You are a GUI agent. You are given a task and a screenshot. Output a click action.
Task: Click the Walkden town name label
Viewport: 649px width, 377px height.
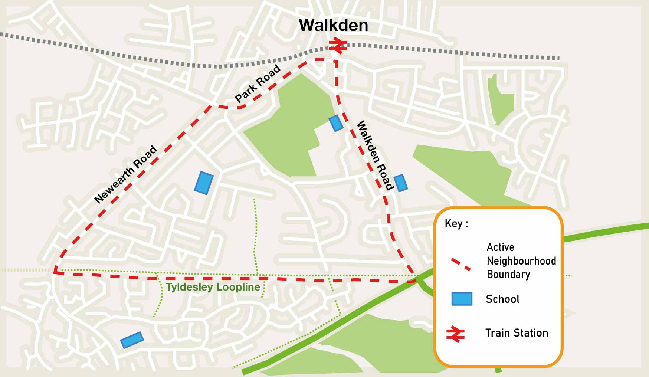[x=333, y=25]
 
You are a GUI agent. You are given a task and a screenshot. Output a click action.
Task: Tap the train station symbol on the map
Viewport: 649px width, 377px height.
[x=338, y=45]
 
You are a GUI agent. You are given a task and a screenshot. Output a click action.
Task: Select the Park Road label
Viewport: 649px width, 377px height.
[x=258, y=83]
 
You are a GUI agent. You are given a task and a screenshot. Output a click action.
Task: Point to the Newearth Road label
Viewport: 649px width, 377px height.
[x=126, y=174]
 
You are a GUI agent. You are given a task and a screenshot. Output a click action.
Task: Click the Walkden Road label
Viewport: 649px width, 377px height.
[x=374, y=155]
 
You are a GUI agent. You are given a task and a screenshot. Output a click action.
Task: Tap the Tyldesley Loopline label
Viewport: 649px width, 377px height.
[x=213, y=287]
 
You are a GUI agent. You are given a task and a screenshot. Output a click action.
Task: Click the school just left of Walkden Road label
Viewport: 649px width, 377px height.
[x=336, y=123]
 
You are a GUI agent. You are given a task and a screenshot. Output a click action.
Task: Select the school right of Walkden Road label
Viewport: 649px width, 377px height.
[x=401, y=183]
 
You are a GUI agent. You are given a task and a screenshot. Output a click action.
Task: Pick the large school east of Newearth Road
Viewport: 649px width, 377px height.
[x=204, y=183]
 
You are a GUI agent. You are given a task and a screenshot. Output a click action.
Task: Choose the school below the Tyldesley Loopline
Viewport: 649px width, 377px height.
[x=132, y=340]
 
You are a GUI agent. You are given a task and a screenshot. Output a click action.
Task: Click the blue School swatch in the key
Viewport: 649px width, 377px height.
[x=462, y=299]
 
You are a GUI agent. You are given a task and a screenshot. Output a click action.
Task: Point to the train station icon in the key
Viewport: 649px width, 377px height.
[x=455, y=334]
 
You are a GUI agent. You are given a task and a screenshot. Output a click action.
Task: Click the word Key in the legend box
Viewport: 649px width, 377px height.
[x=454, y=223]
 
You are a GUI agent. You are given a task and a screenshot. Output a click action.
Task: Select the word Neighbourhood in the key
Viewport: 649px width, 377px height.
[x=521, y=261]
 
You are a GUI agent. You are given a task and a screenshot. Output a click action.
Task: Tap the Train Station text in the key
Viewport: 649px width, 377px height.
[x=517, y=333]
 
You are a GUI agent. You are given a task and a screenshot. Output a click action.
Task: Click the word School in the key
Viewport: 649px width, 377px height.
[x=502, y=299]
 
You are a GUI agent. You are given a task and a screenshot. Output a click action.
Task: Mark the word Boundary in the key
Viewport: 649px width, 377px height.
[x=508, y=275]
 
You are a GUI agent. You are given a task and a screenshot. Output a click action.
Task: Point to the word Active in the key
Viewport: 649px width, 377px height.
[x=500, y=247]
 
